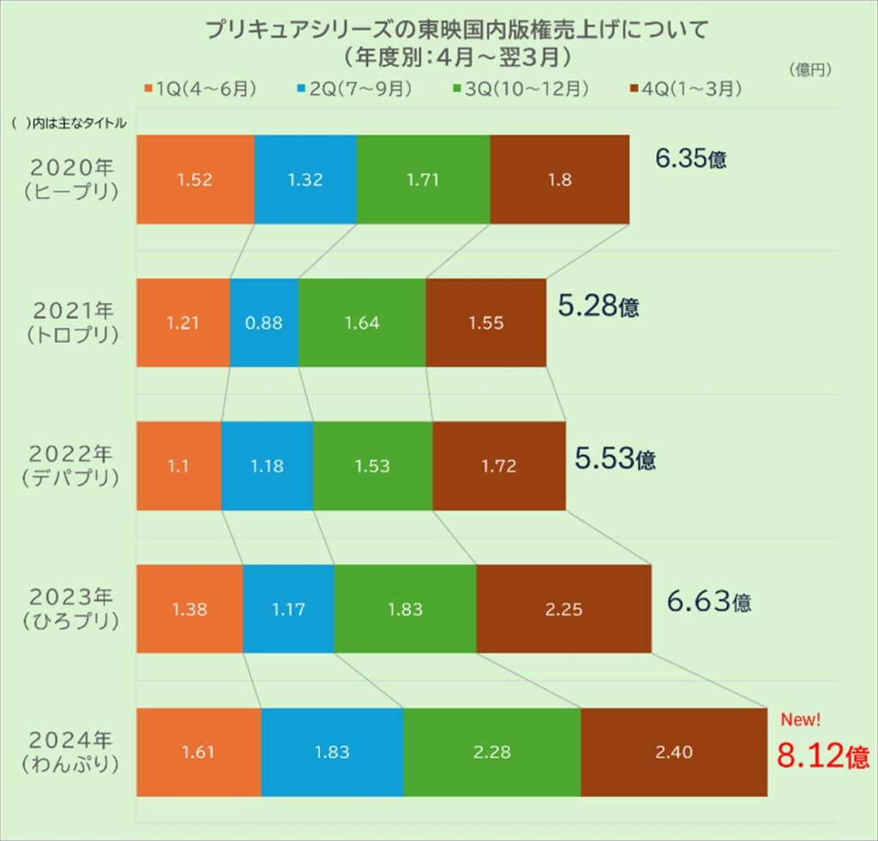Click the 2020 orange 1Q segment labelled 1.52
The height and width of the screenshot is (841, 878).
(195, 180)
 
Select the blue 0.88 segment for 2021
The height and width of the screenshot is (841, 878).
(264, 323)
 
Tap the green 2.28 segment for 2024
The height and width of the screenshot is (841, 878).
(491, 752)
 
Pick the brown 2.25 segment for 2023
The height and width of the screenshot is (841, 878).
(563, 610)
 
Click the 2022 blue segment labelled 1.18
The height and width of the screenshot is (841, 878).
(267, 466)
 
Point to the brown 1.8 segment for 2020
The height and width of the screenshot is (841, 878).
(559, 180)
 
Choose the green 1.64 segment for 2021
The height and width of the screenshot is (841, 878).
(362, 323)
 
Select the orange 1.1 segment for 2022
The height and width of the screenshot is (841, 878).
(178, 466)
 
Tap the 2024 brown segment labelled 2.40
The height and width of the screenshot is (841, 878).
(673, 752)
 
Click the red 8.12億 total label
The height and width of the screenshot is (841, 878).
(822, 755)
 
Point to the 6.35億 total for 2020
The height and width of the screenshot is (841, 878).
(690, 159)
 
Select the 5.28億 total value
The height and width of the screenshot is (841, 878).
(598, 305)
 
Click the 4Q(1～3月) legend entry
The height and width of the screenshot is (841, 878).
(685, 88)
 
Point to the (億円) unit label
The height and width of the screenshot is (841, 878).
(809, 70)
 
